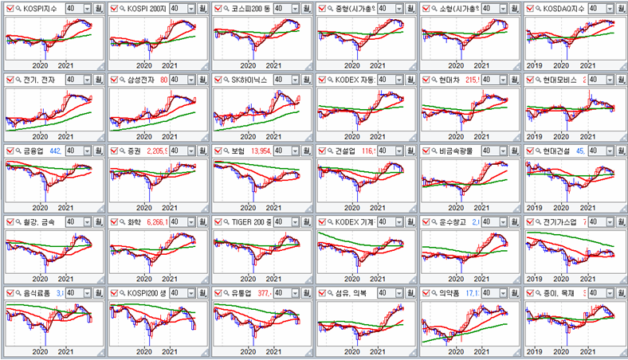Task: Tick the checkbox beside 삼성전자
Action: coord(113,80)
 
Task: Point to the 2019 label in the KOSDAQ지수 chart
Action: coord(535,65)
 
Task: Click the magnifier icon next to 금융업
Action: coord(18,151)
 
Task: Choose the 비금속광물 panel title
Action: coord(456,151)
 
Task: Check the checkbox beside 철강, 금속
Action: coord(9,221)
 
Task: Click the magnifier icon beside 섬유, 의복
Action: coord(330,292)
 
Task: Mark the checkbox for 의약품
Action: coord(426,292)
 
